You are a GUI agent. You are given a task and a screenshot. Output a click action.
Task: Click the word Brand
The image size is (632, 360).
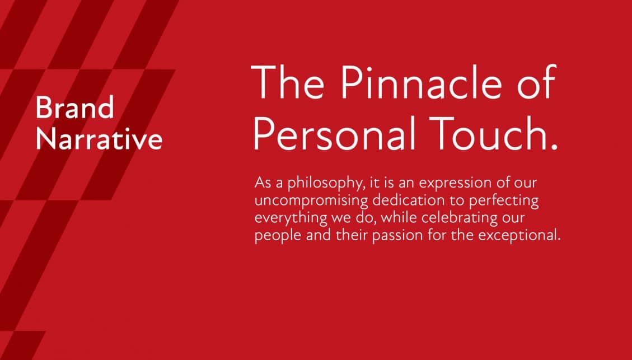[75, 107]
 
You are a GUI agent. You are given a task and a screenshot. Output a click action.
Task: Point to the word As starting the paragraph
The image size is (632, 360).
[263, 183]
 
